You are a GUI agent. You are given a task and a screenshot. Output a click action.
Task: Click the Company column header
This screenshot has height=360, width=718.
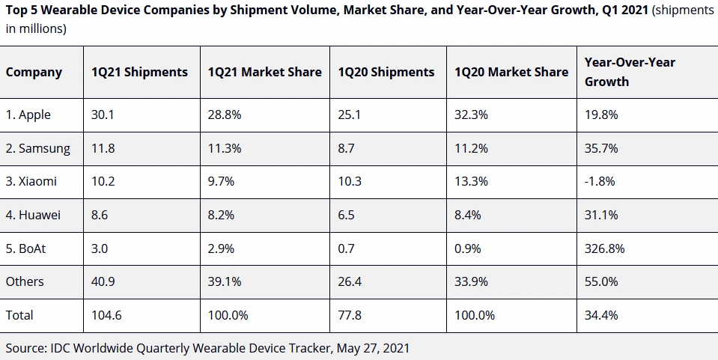pyautogui.click(x=34, y=73)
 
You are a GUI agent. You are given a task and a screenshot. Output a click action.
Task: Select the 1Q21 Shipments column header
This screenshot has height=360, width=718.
pyautogui.click(x=139, y=73)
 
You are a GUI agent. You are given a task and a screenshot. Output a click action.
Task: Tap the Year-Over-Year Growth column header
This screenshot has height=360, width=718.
pyautogui.click(x=630, y=72)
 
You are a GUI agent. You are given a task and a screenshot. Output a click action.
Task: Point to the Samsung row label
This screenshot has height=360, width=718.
pyautogui.click(x=38, y=148)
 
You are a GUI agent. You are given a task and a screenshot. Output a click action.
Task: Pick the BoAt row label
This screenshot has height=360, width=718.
pyautogui.click(x=26, y=248)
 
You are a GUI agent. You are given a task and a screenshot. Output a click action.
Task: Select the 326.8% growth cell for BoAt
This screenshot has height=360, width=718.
pyautogui.click(x=605, y=248)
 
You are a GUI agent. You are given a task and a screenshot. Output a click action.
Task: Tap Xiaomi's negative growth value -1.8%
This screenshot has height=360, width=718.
pyautogui.click(x=601, y=182)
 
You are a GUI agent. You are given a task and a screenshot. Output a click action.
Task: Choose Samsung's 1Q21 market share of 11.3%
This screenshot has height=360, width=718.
pyautogui.click(x=225, y=148)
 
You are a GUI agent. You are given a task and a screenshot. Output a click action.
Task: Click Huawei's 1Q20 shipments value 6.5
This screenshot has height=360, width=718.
pyautogui.click(x=347, y=215)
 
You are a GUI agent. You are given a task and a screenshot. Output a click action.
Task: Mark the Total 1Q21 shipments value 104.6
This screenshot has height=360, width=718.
pyautogui.click(x=106, y=315)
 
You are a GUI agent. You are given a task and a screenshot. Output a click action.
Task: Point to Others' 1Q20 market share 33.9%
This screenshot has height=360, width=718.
pyautogui.click(x=472, y=281)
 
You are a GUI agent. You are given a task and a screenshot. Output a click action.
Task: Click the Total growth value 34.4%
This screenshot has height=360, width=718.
pyautogui.click(x=601, y=315)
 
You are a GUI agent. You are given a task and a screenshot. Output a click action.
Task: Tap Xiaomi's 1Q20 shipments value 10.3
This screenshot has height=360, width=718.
pyautogui.click(x=350, y=182)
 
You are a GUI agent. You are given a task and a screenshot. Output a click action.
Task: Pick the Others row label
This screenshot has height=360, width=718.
pyautogui.click(x=25, y=281)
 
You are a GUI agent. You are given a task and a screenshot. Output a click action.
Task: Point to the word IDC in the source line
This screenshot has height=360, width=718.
pyautogui.click(x=61, y=348)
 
